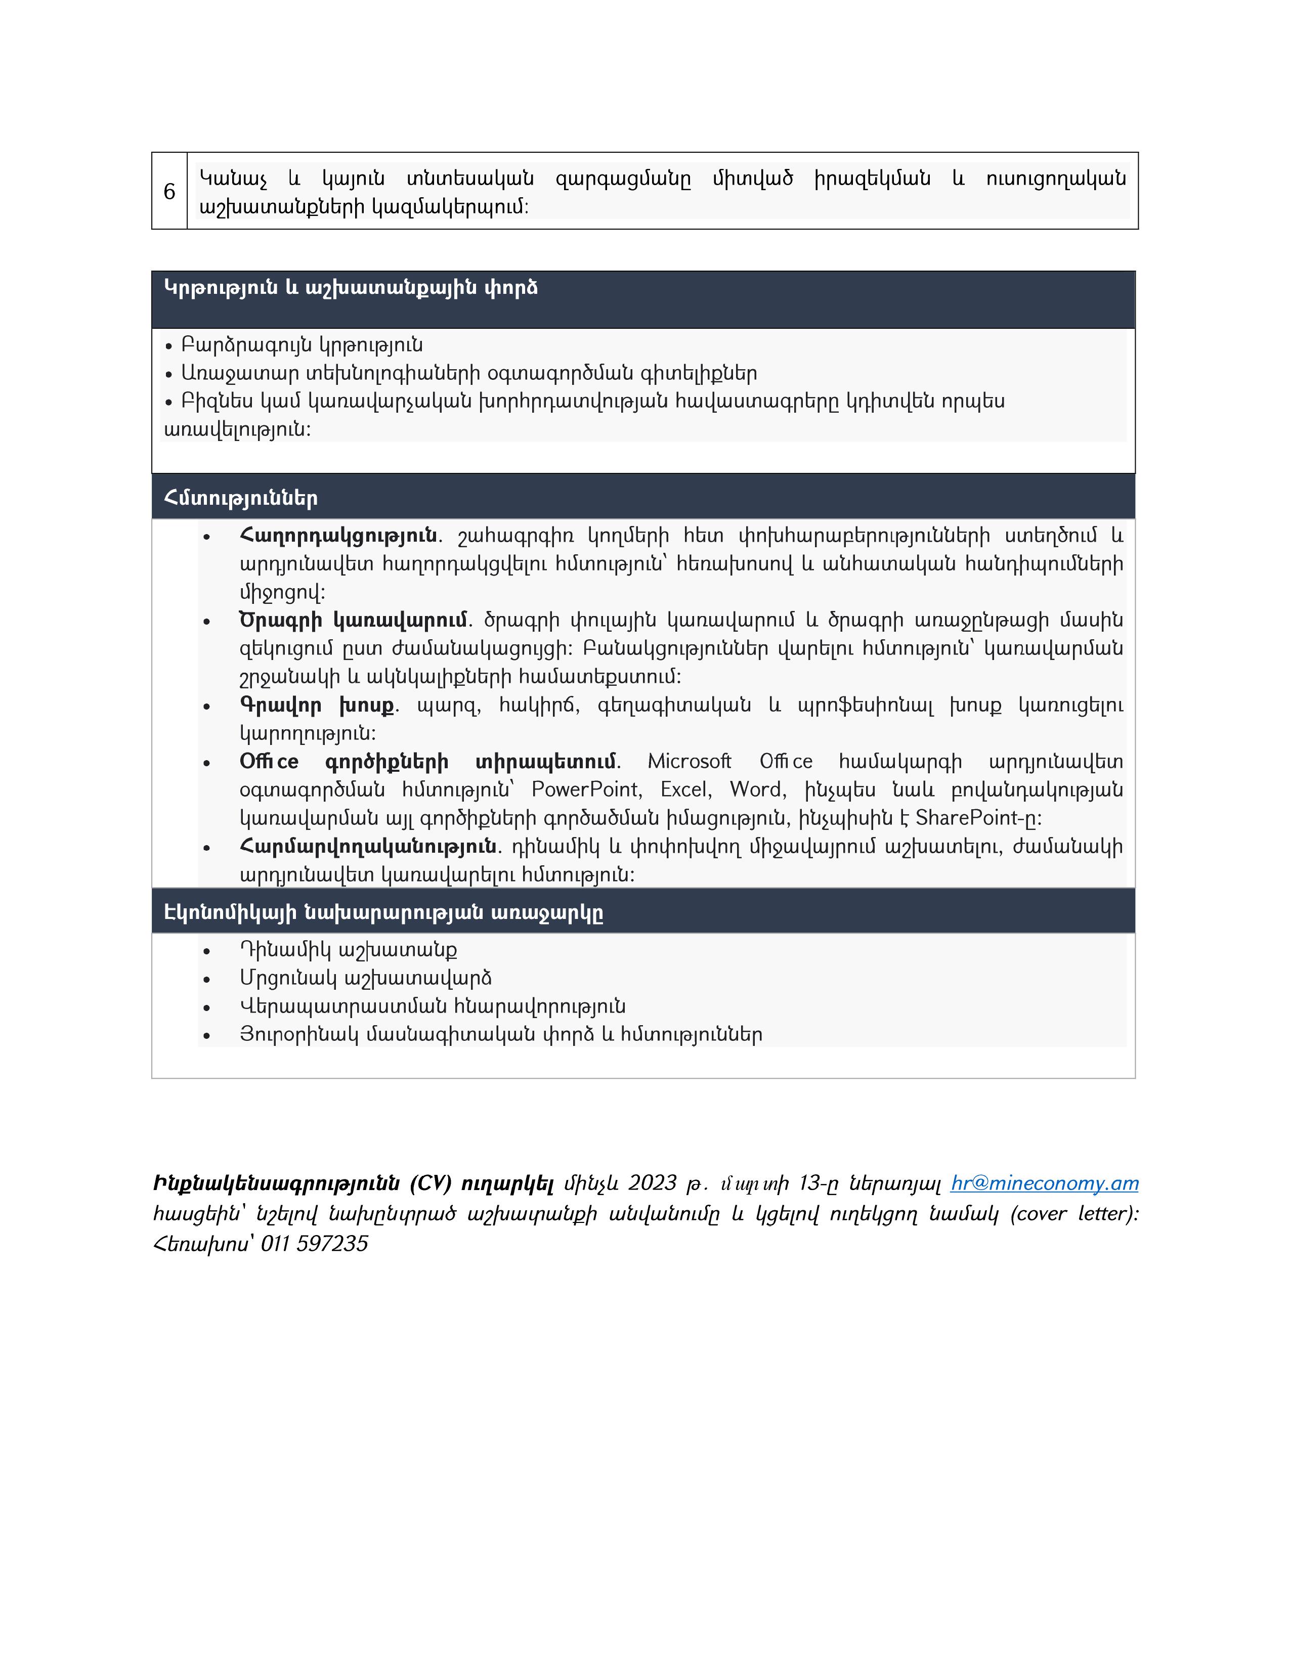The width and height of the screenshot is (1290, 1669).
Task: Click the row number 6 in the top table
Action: click(x=169, y=192)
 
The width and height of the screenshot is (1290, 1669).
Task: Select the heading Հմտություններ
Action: click(x=241, y=498)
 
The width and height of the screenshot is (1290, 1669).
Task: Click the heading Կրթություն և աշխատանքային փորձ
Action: click(x=351, y=288)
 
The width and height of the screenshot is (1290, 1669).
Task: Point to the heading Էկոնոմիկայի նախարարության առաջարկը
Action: click(x=383, y=912)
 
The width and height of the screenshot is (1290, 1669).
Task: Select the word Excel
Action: click(x=685, y=789)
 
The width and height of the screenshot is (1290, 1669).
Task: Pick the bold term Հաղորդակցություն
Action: click(x=338, y=535)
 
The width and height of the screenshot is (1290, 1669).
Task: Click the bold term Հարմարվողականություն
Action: click(x=368, y=846)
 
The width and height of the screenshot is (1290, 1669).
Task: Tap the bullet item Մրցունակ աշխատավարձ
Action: click(x=365, y=978)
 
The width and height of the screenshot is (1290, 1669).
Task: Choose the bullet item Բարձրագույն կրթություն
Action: click(x=302, y=345)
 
